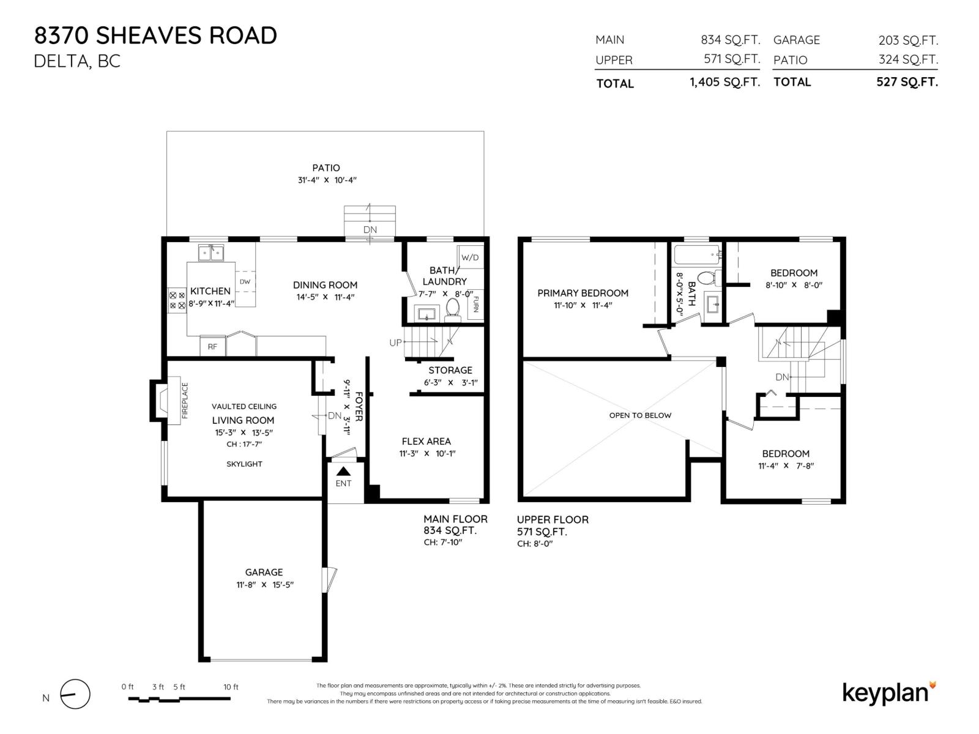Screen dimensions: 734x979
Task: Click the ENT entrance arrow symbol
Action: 343,471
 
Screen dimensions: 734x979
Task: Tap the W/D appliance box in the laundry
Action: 470,258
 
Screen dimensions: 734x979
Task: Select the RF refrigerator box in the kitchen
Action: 212,346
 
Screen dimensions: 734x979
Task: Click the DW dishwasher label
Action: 245,282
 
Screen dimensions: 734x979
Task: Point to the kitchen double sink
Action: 211,252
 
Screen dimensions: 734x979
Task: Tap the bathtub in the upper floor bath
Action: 697,253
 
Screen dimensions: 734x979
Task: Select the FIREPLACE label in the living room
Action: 185,401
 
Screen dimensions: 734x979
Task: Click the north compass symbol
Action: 75,695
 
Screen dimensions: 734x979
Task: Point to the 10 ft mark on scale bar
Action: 231,687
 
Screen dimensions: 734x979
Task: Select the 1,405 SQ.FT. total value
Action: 724,83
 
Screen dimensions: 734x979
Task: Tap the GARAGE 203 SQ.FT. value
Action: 908,40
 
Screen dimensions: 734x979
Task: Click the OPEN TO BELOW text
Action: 640,415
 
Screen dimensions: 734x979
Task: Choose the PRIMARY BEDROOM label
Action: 583,293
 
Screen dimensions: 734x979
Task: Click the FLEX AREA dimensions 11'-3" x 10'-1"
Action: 426,453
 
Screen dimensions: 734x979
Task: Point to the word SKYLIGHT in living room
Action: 244,464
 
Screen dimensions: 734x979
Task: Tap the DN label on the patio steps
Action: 370,230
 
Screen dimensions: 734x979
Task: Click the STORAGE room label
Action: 450,370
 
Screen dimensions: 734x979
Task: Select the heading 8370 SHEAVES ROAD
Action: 155,35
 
